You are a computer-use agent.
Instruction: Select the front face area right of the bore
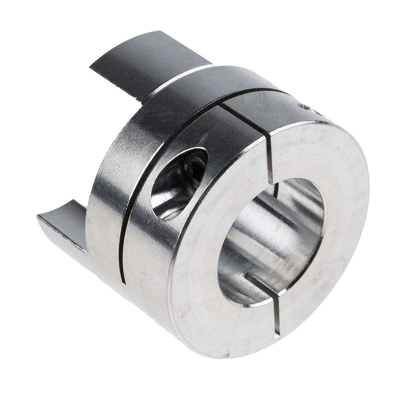[x=346, y=242]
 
